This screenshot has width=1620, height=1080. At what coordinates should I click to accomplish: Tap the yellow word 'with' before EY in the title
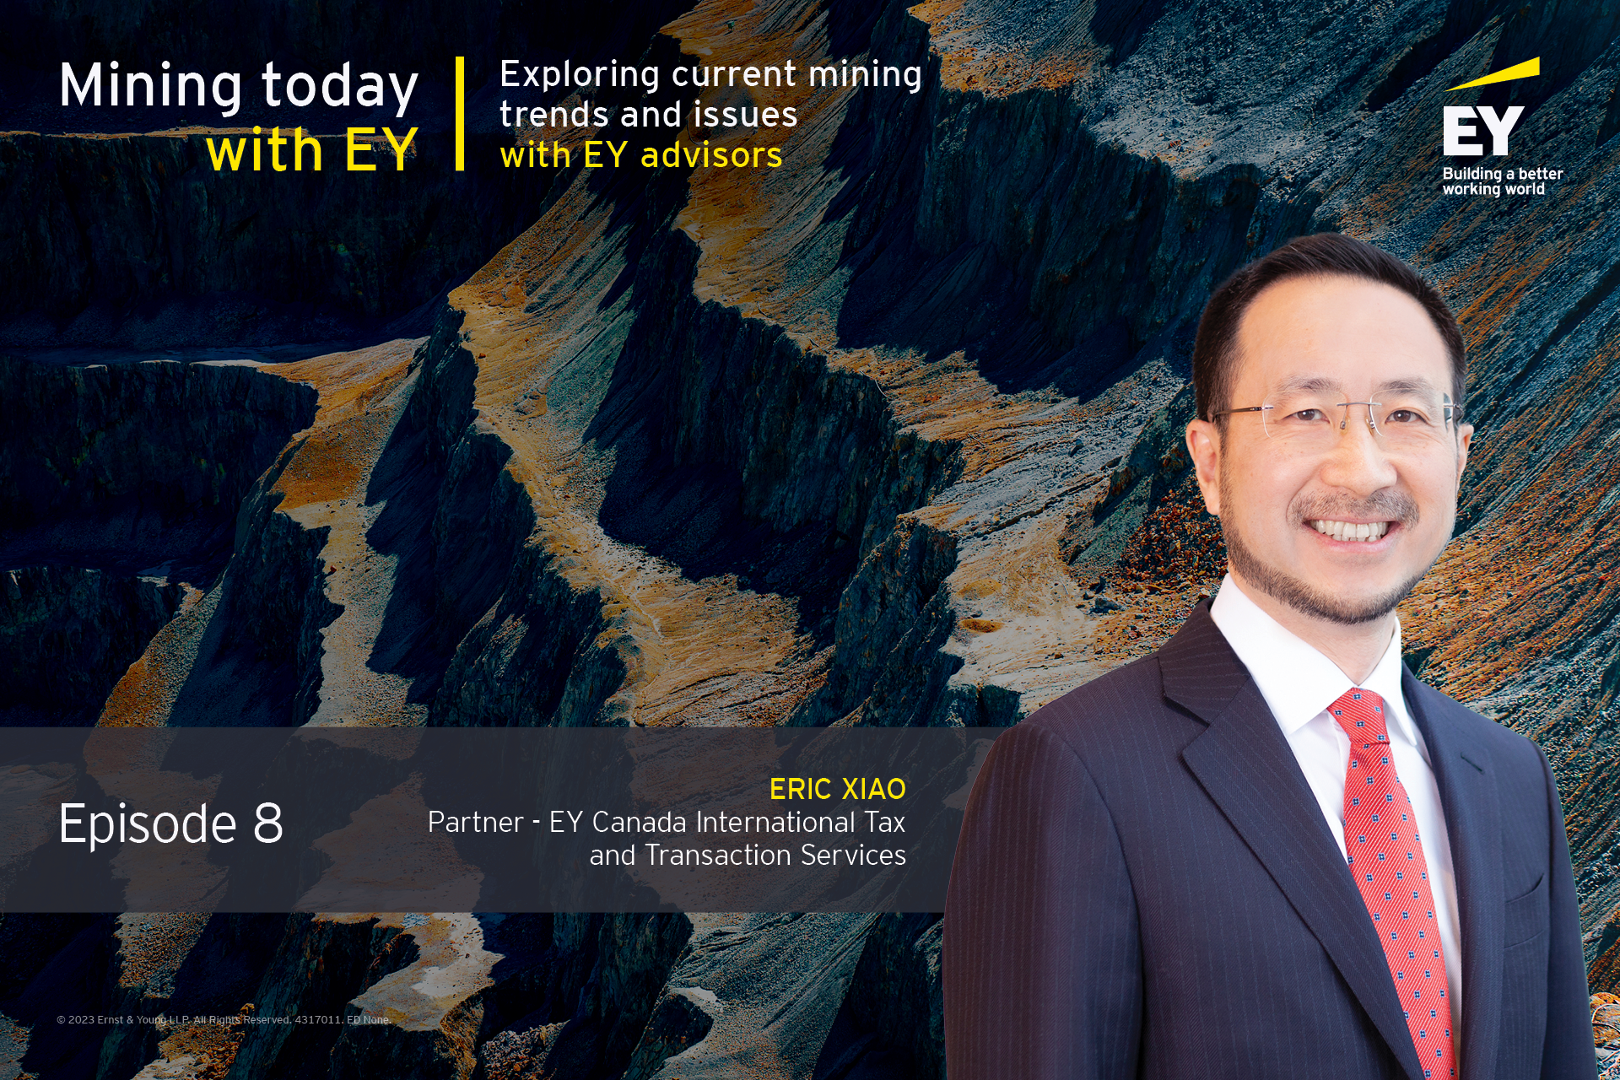click(x=264, y=150)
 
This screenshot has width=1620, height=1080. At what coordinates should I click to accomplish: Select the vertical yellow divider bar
click(x=460, y=114)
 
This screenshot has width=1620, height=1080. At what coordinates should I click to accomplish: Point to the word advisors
click(x=711, y=155)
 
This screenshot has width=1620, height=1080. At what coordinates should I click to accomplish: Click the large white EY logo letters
click(x=1482, y=131)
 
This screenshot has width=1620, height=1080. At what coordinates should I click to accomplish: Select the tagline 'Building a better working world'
click(x=1502, y=181)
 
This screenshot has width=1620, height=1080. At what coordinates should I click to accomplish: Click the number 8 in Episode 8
click(x=268, y=823)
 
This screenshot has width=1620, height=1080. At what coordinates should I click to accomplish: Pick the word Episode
click(x=148, y=825)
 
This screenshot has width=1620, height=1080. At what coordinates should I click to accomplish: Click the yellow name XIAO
click(x=873, y=789)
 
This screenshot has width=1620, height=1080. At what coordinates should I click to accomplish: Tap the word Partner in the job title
click(x=476, y=822)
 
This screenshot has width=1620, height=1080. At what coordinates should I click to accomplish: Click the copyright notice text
click(x=224, y=1019)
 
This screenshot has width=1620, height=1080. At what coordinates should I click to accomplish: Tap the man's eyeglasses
click(x=1337, y=416)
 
